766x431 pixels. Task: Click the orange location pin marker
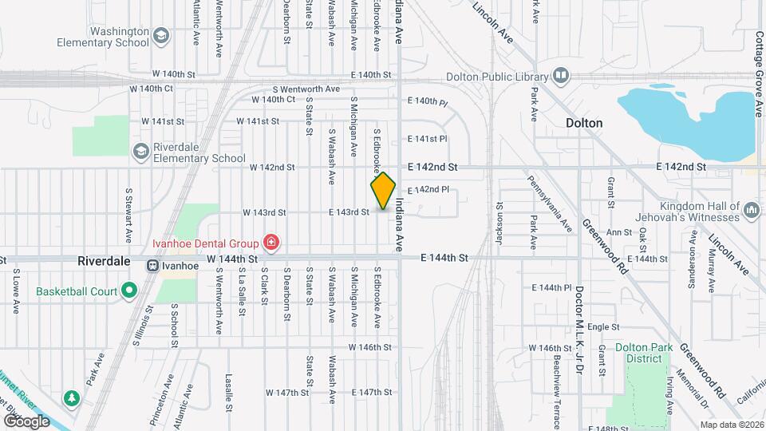[x=383, y=191]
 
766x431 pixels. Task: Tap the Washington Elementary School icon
[x=162, y=36]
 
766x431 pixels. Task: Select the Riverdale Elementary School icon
[x=141, y=152]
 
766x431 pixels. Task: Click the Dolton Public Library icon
[x=561, y=76]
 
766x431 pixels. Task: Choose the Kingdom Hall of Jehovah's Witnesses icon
[x=750, y=211]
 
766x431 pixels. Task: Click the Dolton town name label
[x=584, y=124]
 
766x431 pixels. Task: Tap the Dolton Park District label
[x=639, y=354]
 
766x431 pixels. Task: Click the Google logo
[x=27, y=421]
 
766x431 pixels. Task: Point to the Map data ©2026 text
[x=730, y=424]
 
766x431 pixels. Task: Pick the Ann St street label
[x=619, y=233]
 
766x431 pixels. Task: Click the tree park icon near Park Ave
[x=73, y=397]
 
